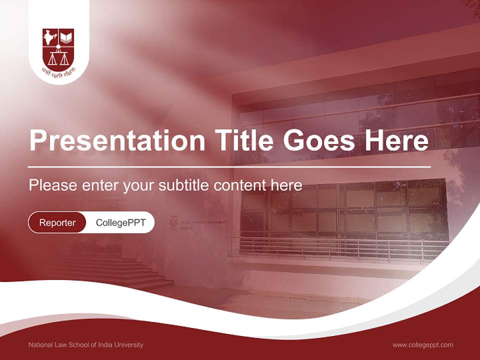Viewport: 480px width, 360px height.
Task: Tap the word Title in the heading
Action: click(x=243, y=141)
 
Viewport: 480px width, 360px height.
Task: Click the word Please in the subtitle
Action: click(x=53, y=185)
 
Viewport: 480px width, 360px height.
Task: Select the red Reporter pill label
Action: click(x=57, y=222)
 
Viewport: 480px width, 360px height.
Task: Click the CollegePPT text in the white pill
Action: click(x=120, y=222)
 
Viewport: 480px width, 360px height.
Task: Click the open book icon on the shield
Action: click(x=66, y=37)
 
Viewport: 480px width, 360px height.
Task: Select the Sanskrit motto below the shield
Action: click(x=58, y=71)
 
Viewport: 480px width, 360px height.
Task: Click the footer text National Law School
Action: click(x=85, y=345)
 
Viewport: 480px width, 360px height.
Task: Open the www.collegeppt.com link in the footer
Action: click(x=422, y=345)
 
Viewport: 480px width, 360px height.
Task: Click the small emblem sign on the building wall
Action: click(x=173, y=221)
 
